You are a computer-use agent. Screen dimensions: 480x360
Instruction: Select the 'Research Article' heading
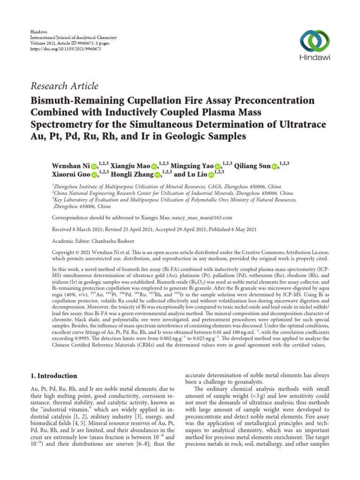point(65,86)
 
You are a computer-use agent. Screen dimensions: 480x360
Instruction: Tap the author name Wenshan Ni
point(70,165)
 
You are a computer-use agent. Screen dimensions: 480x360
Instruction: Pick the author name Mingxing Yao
point(192,165)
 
